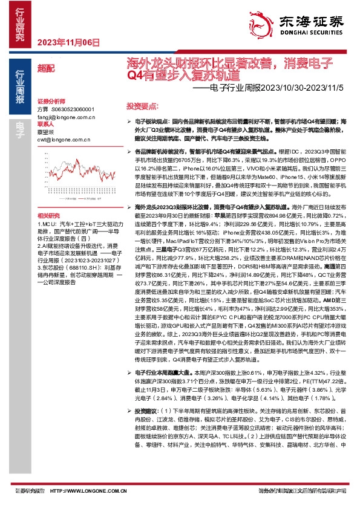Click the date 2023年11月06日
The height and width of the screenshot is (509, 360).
point(68,42)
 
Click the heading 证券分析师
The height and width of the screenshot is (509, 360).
point(50,100)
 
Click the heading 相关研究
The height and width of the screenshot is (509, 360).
point(48,215)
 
